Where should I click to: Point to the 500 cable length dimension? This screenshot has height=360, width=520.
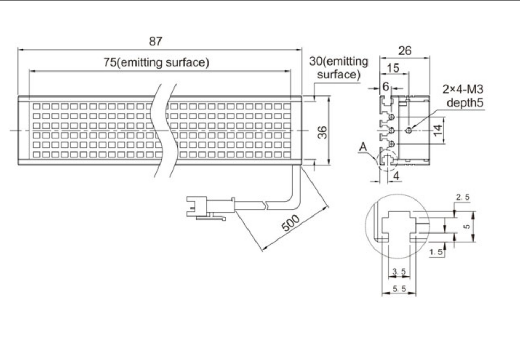click(x=292, y=223)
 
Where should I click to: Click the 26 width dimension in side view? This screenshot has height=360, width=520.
click(x=405, y=51)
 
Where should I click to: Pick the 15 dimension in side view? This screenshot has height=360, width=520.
click(x=393, y=69)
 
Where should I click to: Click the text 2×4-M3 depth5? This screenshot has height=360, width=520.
click(x=462, y=95)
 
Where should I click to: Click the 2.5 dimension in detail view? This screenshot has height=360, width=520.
click(x=462, y=198)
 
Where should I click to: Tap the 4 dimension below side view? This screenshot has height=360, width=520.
click(x=396, y=174)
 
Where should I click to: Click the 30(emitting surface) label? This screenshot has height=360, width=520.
click(x=338, y=68)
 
